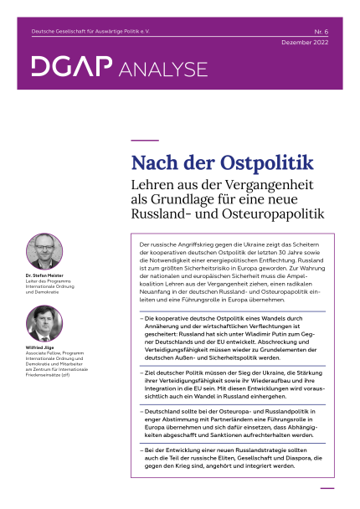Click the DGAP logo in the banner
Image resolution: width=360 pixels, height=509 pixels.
click(70, 66)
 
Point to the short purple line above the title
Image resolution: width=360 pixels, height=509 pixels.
click(146, 140)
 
